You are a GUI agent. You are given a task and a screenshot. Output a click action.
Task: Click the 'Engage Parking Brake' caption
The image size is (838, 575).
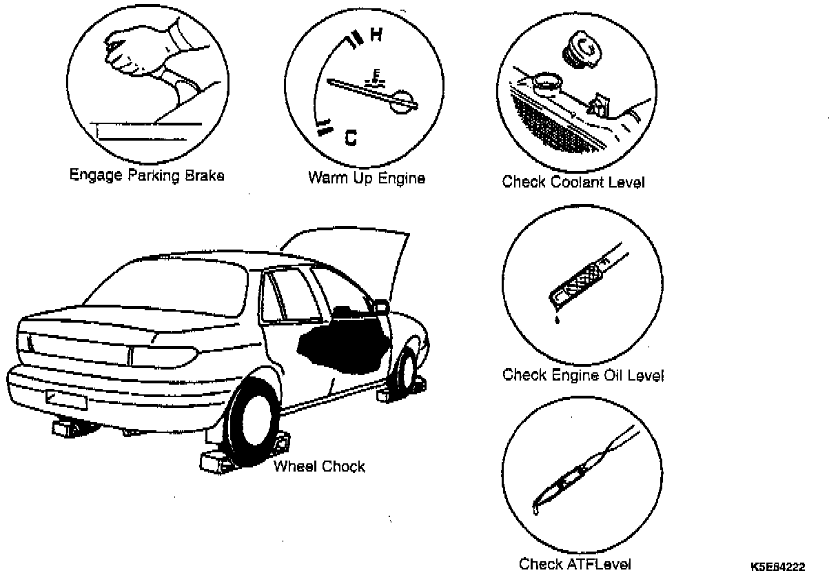[147, 175]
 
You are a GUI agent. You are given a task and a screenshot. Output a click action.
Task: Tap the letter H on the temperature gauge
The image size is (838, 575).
[376, 35]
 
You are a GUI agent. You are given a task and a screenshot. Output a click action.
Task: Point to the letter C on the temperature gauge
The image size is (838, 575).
[351, 139]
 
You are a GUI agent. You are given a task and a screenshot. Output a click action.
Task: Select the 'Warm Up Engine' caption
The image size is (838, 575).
[366, 178]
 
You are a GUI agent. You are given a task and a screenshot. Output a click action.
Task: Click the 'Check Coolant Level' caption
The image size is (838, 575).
[573, 182]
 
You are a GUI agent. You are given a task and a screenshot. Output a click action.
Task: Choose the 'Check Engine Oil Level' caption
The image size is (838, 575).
[583, 376]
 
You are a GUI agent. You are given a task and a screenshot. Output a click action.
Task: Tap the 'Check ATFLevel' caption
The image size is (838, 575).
[575, 564]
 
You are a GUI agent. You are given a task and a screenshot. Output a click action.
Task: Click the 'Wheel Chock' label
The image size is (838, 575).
[319, 466]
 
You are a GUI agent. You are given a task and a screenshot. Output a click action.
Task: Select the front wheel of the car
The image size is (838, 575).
[406, 372]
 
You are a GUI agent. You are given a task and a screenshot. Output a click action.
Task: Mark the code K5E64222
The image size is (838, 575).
[778, 566]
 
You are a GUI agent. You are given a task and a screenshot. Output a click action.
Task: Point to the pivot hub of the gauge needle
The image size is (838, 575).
[402, 99]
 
